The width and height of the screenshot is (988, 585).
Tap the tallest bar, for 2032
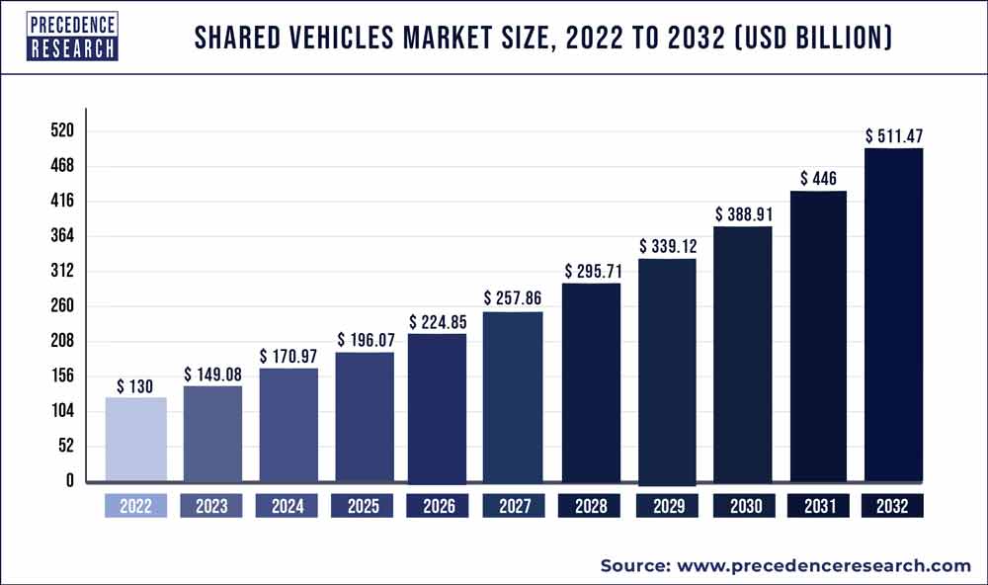[x=894, y=315]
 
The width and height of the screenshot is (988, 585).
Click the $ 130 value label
[x=134, y=386]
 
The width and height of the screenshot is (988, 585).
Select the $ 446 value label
[x=817, y=179]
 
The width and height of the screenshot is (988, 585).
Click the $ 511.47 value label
[x=894, y=135]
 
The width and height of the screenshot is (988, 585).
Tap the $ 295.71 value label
[x=591, y=270]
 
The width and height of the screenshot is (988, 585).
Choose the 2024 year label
[x=288, y=507]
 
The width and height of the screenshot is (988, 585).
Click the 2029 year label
[x=667, y=507]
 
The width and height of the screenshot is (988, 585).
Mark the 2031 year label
[x=818, y=507]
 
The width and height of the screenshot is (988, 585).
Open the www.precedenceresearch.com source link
[x=824, y=565]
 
